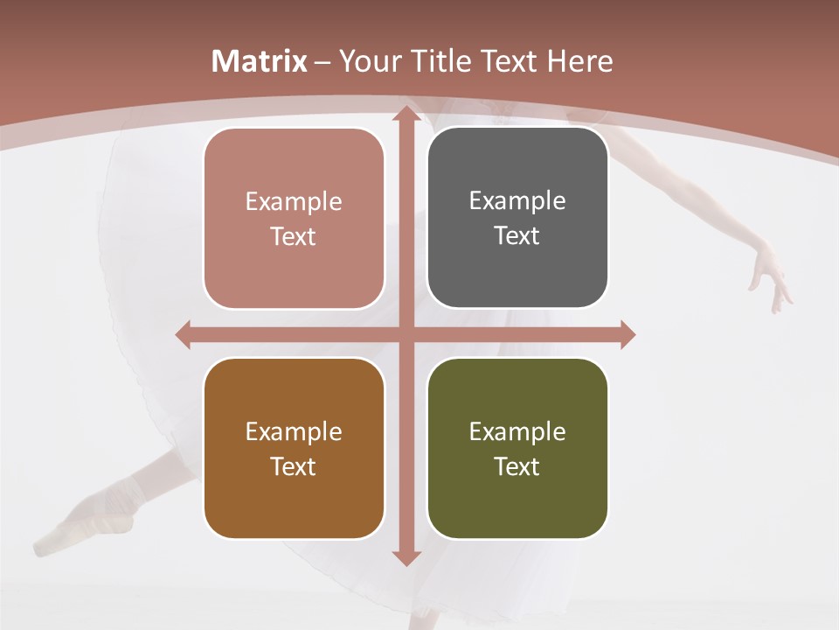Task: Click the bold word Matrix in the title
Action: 260,61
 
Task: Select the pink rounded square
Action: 294,219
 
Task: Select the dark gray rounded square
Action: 517,218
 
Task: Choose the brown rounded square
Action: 294,448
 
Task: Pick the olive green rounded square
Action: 517,448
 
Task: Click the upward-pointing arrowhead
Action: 406,114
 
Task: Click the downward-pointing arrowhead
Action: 406,557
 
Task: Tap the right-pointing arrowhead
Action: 627,334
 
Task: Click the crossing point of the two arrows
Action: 406,334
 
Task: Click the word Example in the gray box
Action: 517,200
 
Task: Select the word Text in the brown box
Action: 294,466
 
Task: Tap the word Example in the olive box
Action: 517,431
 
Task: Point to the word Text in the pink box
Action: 294,237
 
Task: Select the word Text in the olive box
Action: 517,466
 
